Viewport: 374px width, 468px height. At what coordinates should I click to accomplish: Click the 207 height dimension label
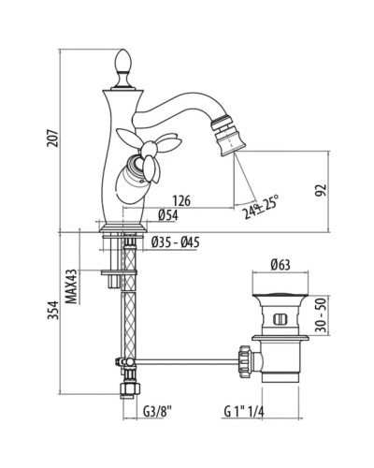coord(52,139)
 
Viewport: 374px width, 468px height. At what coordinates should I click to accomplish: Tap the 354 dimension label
coord(53,310)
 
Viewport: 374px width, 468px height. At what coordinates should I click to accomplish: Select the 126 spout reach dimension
coord(181,200)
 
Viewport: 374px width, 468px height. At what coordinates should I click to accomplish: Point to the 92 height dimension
coord(322,190)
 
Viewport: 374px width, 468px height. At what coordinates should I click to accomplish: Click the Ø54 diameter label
coord(168,215)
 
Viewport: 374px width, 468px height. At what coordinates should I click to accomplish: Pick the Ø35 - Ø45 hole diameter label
coord(176,242)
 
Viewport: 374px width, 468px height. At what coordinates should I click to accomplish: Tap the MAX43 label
coord(72,286)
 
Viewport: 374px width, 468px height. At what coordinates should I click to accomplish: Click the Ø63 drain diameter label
coord(280,265)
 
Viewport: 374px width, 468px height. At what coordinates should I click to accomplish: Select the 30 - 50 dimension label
coord(322,315)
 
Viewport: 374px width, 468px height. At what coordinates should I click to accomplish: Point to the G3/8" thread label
coord(157,412)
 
